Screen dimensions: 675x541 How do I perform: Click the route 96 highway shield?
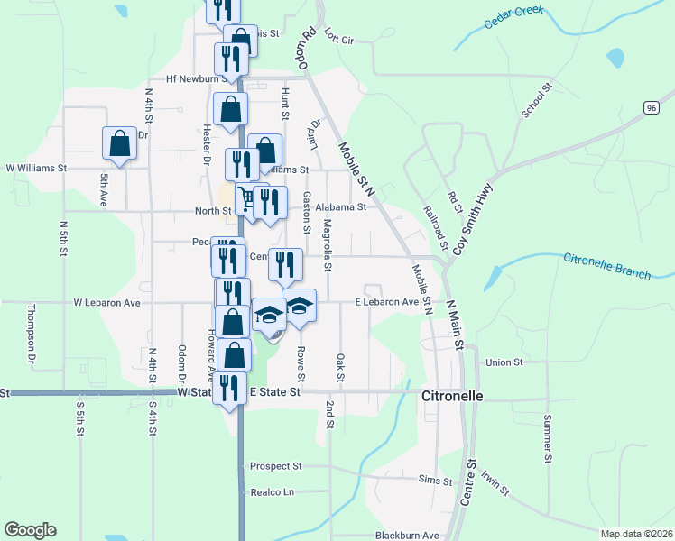651,107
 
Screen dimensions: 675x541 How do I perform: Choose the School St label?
535,101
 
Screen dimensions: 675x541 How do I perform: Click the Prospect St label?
275,466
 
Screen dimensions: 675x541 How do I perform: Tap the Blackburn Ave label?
407,535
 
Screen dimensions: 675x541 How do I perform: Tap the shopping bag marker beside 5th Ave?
119,143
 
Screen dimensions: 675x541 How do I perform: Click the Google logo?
30,530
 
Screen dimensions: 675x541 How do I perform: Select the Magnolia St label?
328,245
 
